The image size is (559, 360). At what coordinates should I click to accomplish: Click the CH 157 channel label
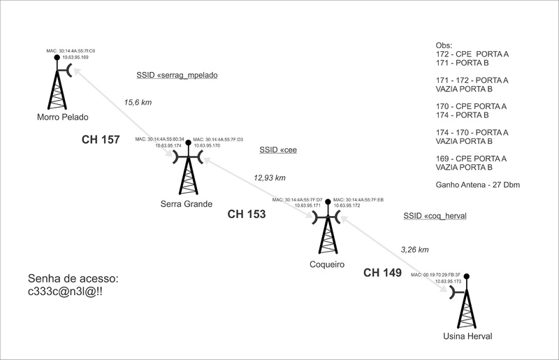pyautogui.click(x=101, y=141)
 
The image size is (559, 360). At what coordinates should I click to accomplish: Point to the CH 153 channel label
pyautogui.click(x=247, y=215)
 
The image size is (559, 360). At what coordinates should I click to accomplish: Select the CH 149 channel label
pyautogui.click(x=382, y=273)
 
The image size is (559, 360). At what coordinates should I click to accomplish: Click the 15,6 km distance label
pyautogui.click(x=138, y=102)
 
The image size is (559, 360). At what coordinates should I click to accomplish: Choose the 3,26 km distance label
pyautogui.click(x=414, y=249)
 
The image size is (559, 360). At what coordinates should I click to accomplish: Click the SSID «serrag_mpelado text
pyautogui.click(x=177, y=74)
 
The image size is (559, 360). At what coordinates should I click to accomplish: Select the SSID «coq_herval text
pyautogui.click(x=435, y=217)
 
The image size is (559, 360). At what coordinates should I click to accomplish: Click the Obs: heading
pyautogui.click(x=444, y=45)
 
